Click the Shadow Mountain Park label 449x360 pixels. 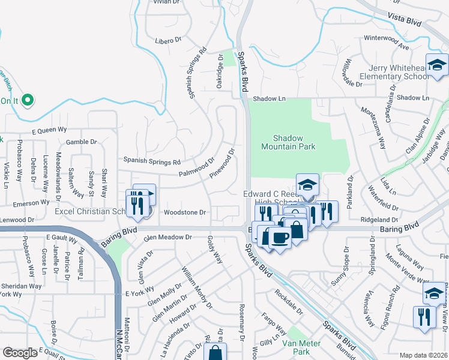(288, 142)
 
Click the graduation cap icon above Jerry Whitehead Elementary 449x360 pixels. (437, 64)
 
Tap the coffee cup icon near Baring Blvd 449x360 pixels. (280, 238)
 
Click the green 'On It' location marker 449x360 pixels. (27, 100)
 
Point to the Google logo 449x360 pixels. (20, 353)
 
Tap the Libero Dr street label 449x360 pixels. (169, 40)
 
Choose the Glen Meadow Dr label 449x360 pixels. (167, 238)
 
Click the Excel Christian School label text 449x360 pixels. (90, 212)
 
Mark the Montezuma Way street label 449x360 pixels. (373, 127)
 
